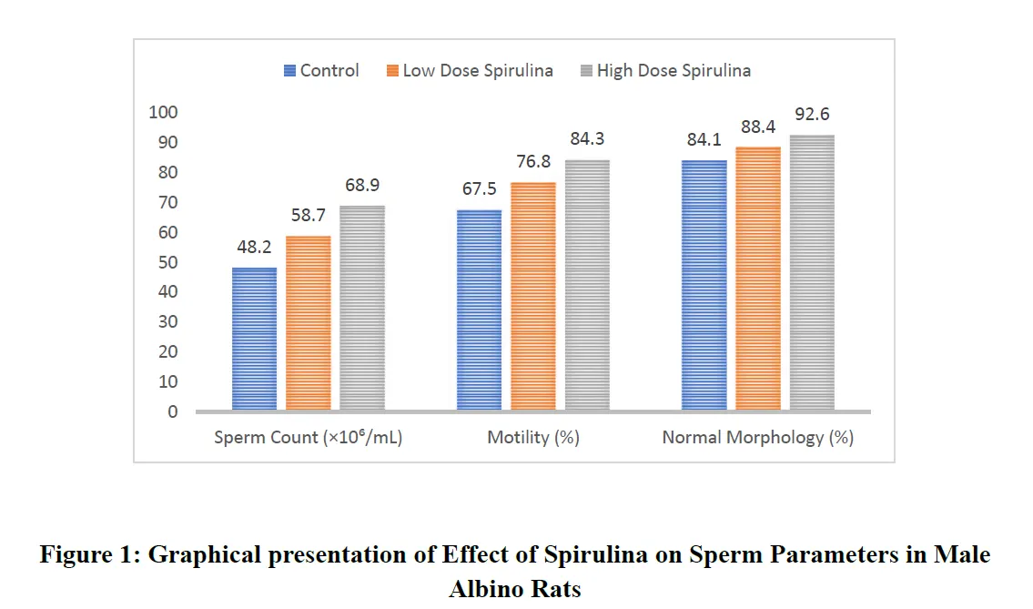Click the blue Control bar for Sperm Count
click(x=254, y=339)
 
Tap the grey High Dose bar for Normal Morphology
click(x=812, y=273)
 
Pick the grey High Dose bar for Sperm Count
click(x=362, y=309)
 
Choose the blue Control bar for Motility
click(x=479, y=310)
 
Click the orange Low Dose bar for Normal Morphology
click(x=758, y=279)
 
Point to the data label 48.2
click(x=254, y=247)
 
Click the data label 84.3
click(x=587, y=139)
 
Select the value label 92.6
click(x=812, y=115)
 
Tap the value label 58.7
click(x=309, y=216)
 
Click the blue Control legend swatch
click(x=290, y=71)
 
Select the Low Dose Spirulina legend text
click(x=478, y=71)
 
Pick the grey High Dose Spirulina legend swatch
click(x=587, y=71)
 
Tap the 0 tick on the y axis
click(x=172, y=412)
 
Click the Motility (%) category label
click(x=533, y=438)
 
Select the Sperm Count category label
click(x=308, y=438)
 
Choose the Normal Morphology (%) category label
click(x=757, y=438)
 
